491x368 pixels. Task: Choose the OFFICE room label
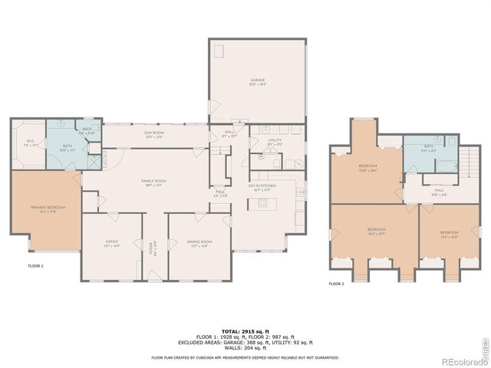point(112,243)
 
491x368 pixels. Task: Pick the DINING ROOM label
point(199,243)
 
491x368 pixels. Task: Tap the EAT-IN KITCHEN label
point(262,186)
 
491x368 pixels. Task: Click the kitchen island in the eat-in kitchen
point(263,204)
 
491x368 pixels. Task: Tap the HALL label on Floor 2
point(439,192)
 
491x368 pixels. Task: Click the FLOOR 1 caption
point(35,266)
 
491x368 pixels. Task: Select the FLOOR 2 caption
point(337,284)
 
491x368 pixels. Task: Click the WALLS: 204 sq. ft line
point(245,349)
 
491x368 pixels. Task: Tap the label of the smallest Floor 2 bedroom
point(449,233)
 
